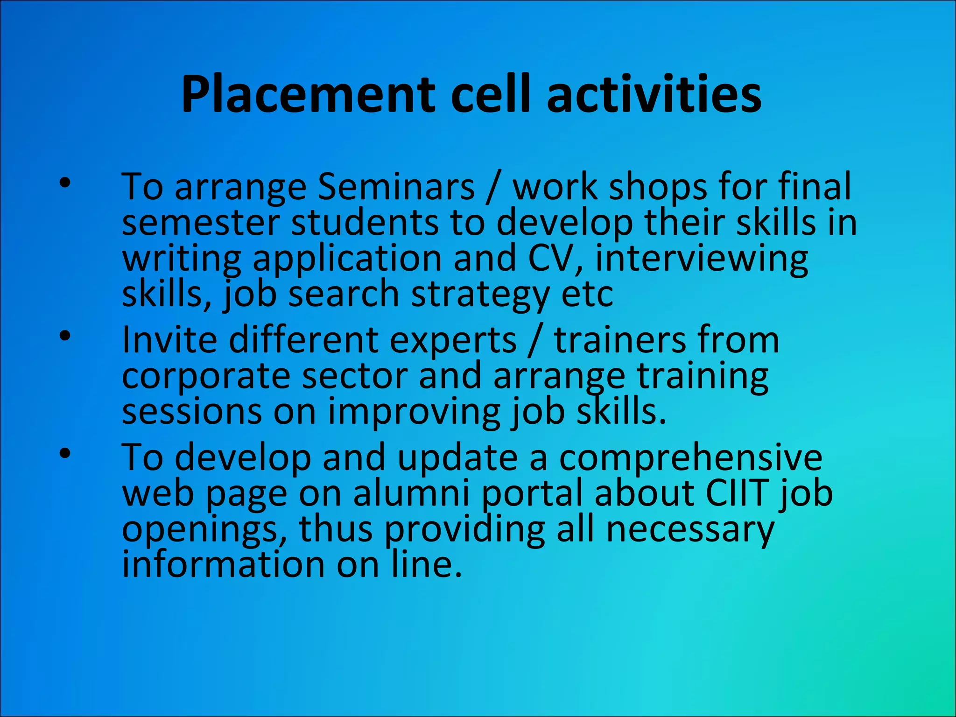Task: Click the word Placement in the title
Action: (x=308, y=96)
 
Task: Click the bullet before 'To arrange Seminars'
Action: (x=65, y=183)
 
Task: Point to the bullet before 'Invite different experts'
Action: (x=65, y=336)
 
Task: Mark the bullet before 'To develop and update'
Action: (x=65, y=453)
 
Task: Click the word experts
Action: (x=453, y=341)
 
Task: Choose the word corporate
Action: (x=206, y=377)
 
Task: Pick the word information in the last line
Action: (x=223, y=565)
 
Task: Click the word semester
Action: (x=201, y=223)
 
